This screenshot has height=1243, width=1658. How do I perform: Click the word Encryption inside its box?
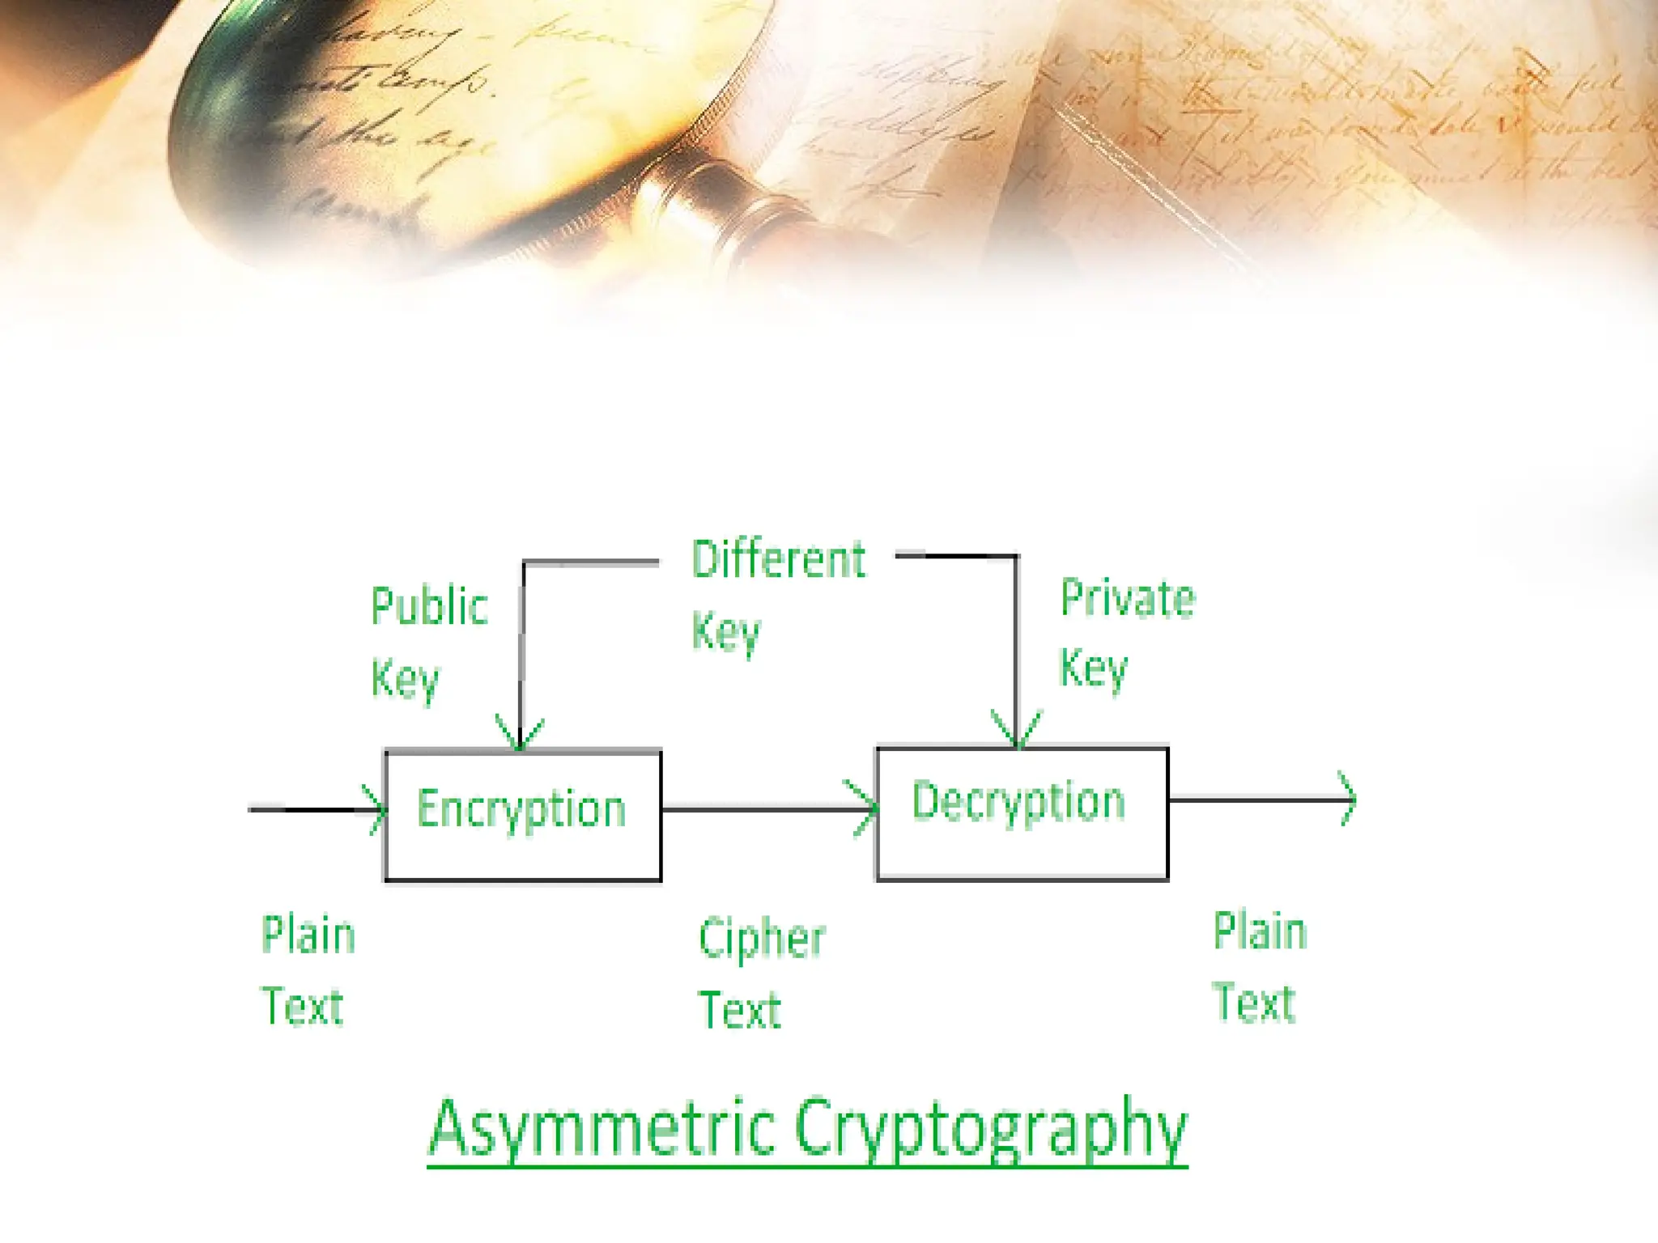521,810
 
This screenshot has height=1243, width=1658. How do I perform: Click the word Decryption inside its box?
1018,803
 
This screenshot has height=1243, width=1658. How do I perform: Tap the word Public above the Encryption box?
429,607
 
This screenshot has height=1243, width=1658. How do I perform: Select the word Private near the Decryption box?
1128,599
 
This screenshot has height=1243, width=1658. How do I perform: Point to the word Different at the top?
778,559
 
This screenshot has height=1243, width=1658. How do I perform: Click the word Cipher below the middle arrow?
762,940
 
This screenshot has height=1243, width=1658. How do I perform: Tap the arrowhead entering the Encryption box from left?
376,809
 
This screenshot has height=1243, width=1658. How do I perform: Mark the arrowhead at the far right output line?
1348,800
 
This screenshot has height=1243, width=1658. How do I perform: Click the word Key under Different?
726,633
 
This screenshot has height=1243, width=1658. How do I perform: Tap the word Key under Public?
405,680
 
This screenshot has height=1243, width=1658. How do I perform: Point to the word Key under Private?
1093,669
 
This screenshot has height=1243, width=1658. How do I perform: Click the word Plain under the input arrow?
308,935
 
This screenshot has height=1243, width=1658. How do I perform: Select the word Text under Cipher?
740,1011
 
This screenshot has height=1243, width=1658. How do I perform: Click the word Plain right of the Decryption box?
1260,931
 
